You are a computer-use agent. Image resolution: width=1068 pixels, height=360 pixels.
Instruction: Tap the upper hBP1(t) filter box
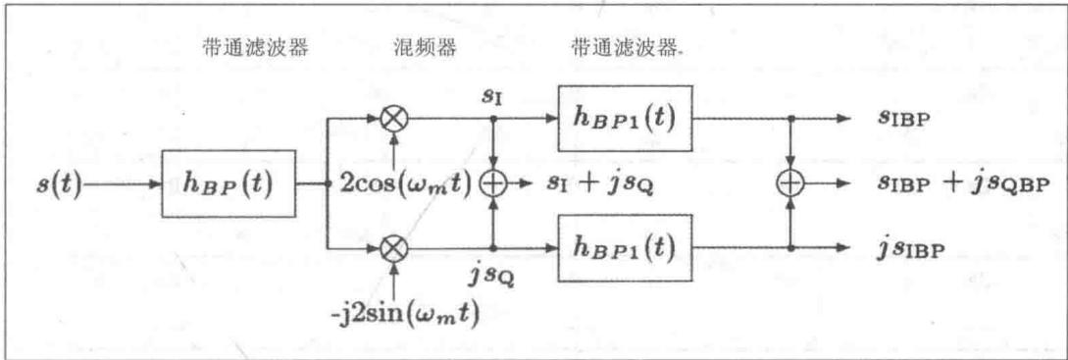click(626, 119)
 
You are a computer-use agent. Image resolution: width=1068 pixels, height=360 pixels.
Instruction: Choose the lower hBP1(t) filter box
click(626, 248)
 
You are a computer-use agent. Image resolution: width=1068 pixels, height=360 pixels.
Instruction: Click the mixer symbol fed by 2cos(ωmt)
click(393, 119)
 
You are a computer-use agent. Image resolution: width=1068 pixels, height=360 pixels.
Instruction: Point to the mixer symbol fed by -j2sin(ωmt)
click(393, 248)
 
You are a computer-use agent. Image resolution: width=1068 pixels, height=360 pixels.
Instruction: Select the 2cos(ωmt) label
click(405, 184)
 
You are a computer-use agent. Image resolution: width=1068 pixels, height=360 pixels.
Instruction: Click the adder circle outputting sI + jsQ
click(492, 184)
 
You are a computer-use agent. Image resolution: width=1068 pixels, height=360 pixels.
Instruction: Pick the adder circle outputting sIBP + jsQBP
click(790, 184)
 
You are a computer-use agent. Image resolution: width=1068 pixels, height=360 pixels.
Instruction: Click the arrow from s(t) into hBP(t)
click(122, 184)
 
